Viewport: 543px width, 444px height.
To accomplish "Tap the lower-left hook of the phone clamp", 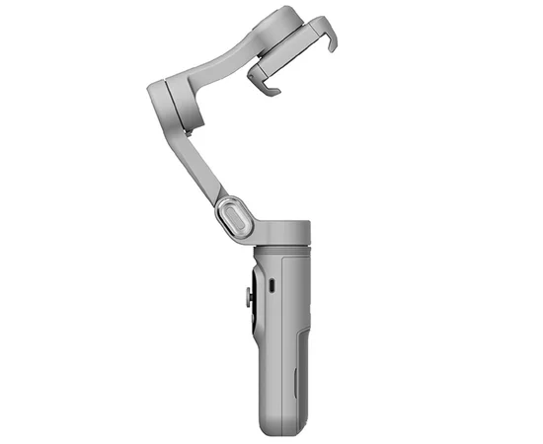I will pos(270,87).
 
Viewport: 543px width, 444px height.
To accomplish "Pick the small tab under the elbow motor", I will pos(181,130).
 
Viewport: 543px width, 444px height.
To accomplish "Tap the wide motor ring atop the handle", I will pos(281,229).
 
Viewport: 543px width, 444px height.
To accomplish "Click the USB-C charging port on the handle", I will pos(271,286).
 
